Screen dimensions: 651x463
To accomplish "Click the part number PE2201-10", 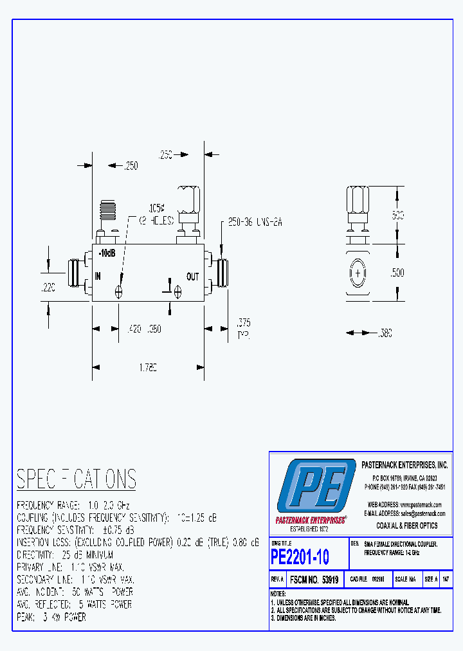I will click(300, 556).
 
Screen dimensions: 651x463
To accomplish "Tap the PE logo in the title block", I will click(316, 488).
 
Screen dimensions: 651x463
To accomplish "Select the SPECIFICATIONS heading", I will click(77, 479).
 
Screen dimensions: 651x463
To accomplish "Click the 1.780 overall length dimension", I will click(147, 367).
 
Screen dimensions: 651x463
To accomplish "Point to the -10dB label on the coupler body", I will click(107, 253).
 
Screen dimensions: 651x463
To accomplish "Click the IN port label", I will click(99, 276).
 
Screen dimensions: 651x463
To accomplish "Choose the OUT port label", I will click(193, 277).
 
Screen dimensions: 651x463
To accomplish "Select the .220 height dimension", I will click(48, 289).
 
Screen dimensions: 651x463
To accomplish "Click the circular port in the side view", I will click(358, 273).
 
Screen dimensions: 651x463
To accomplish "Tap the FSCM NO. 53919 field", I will click(314, 580).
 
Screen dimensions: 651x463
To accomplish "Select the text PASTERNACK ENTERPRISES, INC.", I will click(404, 464).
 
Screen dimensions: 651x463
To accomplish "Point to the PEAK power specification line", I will click(51, 617).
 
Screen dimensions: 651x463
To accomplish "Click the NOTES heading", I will click(278, 593).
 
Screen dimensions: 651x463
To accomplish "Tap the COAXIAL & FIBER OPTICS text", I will click(407, 526).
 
